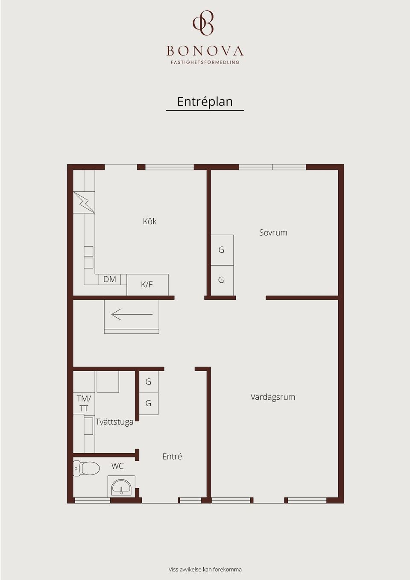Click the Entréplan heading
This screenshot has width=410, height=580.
pyautogui.click(x=205, y=102)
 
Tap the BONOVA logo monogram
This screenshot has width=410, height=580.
pyautogui.click(x=203, y=23)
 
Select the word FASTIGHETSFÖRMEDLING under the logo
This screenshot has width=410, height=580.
pyautogui.click(x=205, y=62)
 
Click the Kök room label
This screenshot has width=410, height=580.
pyautogui.click(x=149, y=221)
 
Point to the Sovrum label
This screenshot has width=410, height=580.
pyautogui.click(x=273, y=233)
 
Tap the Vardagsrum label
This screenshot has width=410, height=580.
pyautogui.click(x=272, y=397)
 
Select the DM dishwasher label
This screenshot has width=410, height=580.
pyautogui.click(x=109, y=279)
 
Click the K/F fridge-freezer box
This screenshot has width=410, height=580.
pyautogui.click(x=147, y=284)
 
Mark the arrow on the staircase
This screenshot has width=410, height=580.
pyautogui.click(x=132, y=315)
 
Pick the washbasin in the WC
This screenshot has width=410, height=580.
pyautogui.click(x=121, y=486)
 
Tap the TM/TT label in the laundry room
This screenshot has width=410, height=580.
pyautogui.click(x=84, y=403)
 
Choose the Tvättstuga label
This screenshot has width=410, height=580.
pyautogui.click(x=114, y=422)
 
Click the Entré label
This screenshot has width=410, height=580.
pyautogui.click(x=172, y=457)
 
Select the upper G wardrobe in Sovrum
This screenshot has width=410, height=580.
pyautogui.click(x=222, y=250)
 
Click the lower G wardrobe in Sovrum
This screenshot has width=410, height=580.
pyautogui.click(x=222, y=280)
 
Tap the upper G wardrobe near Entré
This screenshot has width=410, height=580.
pyautogui.click(x=148, y=382)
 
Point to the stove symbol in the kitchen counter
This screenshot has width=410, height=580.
pyautogui.click(x=84, y=202)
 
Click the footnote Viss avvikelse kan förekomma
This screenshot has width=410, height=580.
pyautogui.click(x=205, y=569)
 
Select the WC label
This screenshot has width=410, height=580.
pyautogui.click(x=117, y=466)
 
